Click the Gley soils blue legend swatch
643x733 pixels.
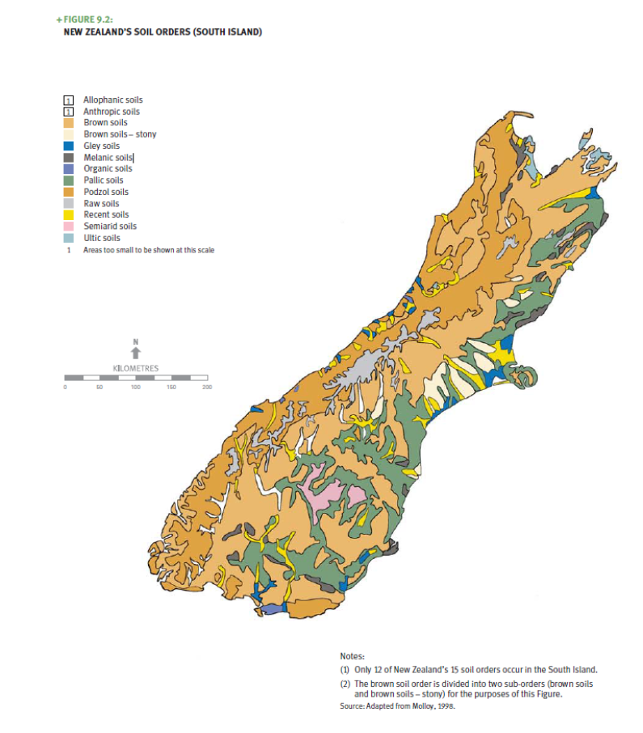[70, 146]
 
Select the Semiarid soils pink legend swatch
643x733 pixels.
[70, 227]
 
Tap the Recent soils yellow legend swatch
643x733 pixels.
[70, 215]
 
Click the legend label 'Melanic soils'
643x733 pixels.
[108, 157]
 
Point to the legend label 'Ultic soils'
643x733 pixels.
[102, 239]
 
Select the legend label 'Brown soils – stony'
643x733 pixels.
[120, 134]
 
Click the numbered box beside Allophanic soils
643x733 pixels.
[70, 100]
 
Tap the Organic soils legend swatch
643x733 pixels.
[70, 169]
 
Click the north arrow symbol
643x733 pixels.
[136, 351]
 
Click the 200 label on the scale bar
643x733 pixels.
[207, 388]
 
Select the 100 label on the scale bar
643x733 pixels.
[136, 388]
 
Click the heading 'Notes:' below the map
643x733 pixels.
[353, 657]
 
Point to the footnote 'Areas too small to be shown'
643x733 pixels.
[149, 251]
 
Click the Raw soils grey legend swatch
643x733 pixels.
[70, 204]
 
